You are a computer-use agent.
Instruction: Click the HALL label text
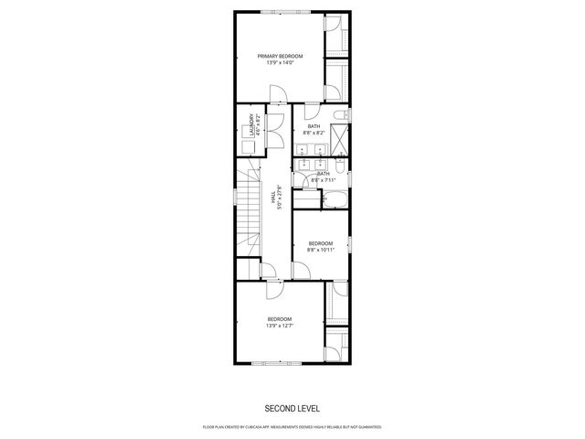(273, 196)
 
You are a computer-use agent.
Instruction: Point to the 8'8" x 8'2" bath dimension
(314, 133)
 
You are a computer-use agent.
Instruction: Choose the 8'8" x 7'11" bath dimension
(323, 180)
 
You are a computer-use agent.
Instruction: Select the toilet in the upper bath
(339, 114)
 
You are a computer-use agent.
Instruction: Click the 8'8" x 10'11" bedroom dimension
(320, 250)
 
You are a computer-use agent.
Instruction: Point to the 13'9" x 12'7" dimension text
(279, 326)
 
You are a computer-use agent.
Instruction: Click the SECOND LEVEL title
(292, 408)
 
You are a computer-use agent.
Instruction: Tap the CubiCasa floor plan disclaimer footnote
(292, 427)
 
